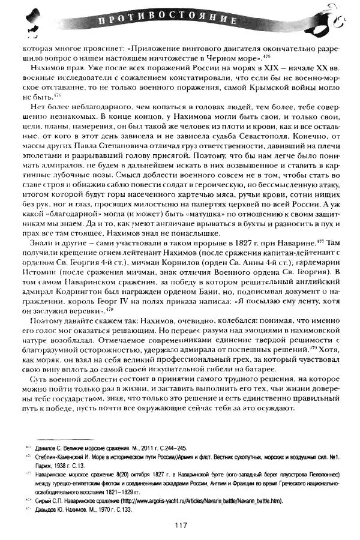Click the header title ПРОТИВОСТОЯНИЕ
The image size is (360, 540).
180,22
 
